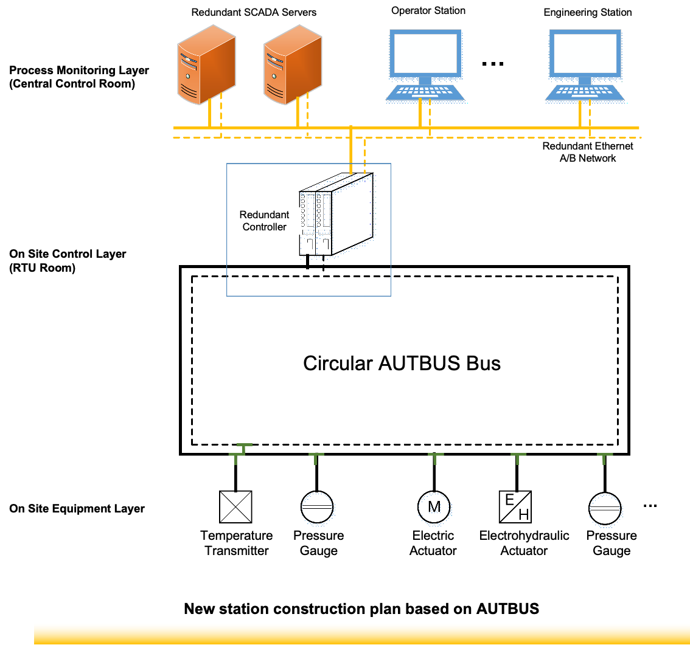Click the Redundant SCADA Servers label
click(x=254, y=12)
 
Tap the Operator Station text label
click(x=428, y=10)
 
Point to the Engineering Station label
click(x=588, y=12)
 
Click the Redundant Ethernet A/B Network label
click(x=588, y=152)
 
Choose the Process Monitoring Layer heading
click(x=79, y=77)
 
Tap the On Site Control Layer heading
click(x=68, y=261)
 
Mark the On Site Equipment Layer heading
click(x=77, y=509)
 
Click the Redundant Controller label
click(x=264, y=221)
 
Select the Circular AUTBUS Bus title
click(x=402, y=363)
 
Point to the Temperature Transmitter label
click(x=237, y=543)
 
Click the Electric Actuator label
click(x=433, y=543)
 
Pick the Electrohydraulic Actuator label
click(x=524, y=543)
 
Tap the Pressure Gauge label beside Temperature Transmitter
click(x=318, y=543)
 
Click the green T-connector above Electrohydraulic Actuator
click(x=518, y=458)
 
